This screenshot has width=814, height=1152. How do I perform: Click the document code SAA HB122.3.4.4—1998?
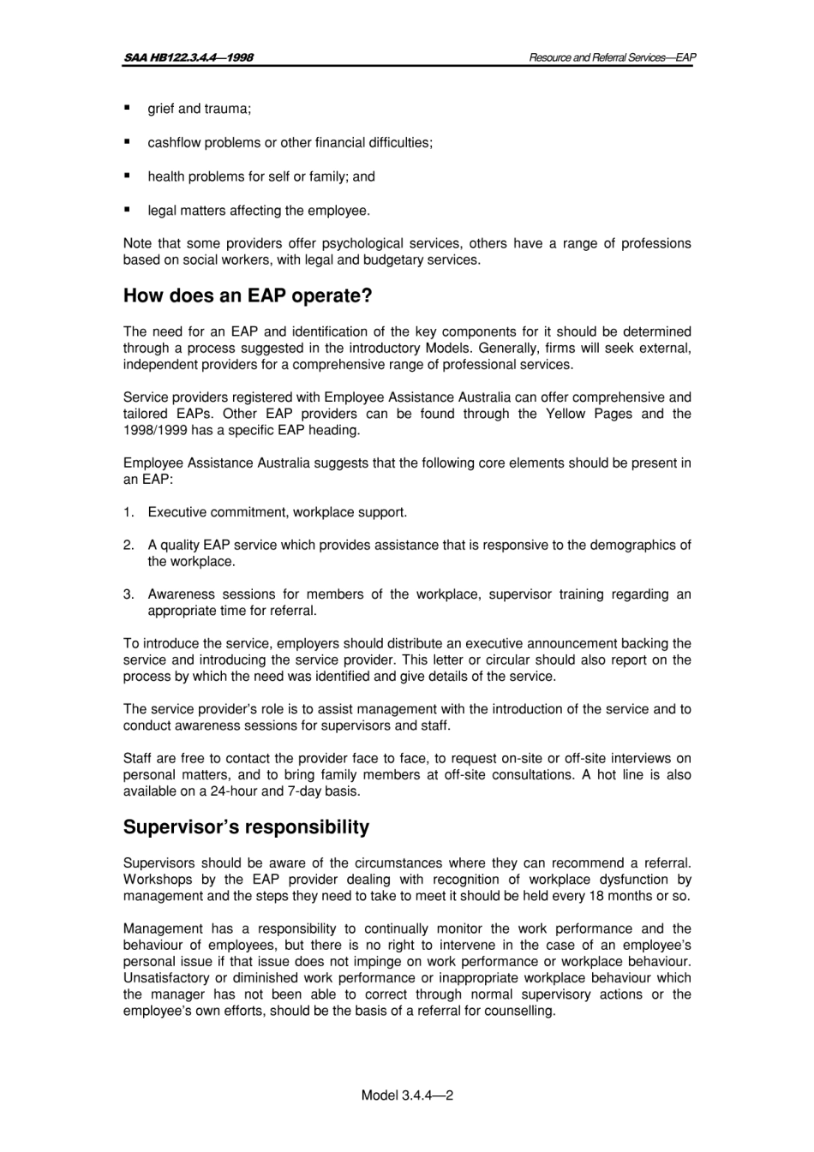tap(188, 57)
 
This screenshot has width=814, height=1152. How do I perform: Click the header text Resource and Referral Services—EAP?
tap(612, 57)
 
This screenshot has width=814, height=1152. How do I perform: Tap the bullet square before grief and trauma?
tap(128, 108)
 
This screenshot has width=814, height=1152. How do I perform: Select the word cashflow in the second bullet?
tap(174, 143)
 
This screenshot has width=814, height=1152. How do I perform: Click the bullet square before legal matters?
tap(128, 209)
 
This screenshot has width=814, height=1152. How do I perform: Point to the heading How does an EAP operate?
tap(248, 296)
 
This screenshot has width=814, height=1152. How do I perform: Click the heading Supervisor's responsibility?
tap(246, 827)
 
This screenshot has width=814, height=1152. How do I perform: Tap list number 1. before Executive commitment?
tap(129, 512)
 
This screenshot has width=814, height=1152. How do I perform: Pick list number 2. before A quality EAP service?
tap(129, 545)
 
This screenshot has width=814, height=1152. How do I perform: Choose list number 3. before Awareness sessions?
tap(129, 594)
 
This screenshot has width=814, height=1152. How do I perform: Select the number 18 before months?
tap(596, 896)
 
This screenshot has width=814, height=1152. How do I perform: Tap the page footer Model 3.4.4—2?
tap(407, 1095)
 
